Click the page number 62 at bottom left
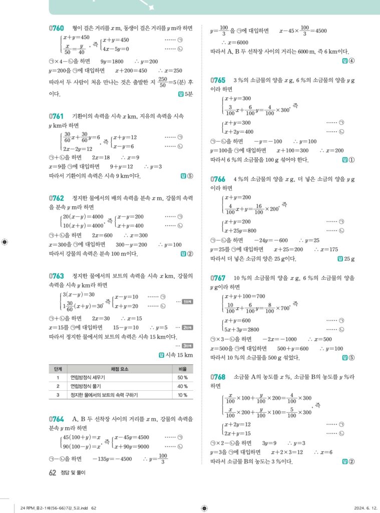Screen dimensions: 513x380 pos(52,472)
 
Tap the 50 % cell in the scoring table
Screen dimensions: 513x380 pos(182,377)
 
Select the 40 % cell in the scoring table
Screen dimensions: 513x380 pos(182,386)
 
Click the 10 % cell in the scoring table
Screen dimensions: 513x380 pos(182,395)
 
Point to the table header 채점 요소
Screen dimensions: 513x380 pos(110,368)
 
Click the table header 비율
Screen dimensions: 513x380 pos(182,368)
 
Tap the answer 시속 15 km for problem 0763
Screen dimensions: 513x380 pos(178,355)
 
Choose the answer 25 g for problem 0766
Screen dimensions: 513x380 pos(346,259)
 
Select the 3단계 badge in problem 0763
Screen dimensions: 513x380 pos(187,346)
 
